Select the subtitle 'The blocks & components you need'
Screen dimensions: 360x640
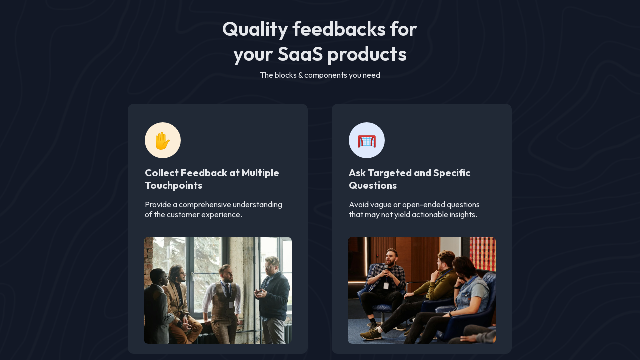point(320,75)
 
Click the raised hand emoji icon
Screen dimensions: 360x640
point(163,140)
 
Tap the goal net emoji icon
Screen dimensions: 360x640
point(367,140)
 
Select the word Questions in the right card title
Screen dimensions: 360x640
point(373,186)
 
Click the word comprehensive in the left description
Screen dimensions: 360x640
point(205,205)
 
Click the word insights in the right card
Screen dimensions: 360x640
point(462,215)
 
